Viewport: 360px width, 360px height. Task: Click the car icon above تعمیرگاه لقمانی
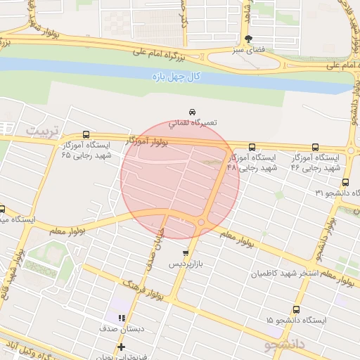click(x=192, y=112)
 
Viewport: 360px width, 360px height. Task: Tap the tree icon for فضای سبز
click(x=247, y=39)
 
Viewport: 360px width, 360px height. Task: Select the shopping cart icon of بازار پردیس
click(x=185, y=253)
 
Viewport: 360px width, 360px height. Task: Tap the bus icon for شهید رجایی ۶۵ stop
click(x=86, y=134)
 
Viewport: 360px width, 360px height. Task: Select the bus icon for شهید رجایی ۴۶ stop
click(x=314, y=148)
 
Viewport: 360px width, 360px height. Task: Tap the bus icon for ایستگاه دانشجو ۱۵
click(x=296, y=309)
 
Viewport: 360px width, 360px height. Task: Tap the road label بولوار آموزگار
click(x=148, y=141)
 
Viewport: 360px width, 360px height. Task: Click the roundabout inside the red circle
click(x=202, y=222)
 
